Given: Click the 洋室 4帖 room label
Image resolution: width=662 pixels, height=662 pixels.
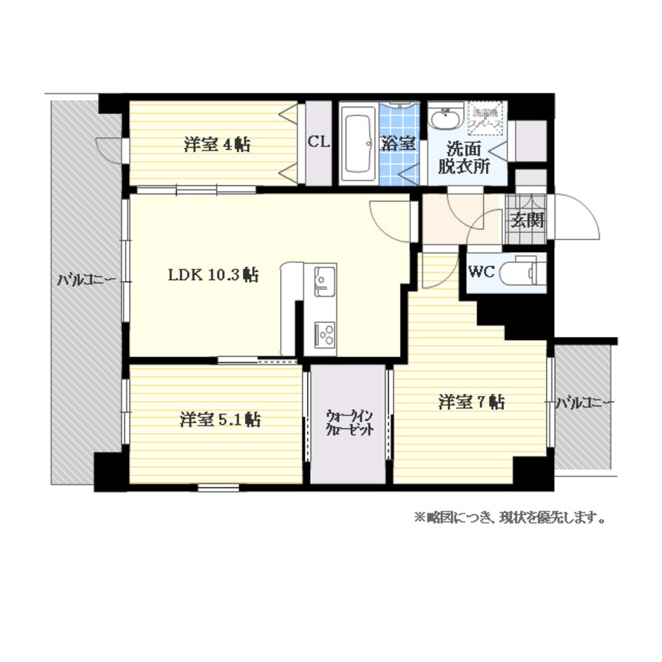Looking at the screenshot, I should click(217, 144).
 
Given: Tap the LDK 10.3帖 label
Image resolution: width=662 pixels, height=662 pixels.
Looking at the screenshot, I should click(213, 275).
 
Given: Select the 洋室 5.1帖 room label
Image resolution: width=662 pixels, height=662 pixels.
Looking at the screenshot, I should click(219, 419).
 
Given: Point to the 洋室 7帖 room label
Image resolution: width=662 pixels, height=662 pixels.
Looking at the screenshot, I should click(471, 401).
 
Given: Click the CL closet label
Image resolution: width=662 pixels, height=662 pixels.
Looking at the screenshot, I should click(318, 141).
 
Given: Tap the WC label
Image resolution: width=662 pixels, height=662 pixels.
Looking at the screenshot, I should click(481, 271).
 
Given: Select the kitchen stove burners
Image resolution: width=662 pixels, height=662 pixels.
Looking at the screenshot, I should click(324, 334).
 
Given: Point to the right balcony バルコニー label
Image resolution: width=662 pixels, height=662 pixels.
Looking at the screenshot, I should click(585, 402).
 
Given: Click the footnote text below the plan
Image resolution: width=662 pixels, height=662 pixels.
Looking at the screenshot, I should click(510, 517).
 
